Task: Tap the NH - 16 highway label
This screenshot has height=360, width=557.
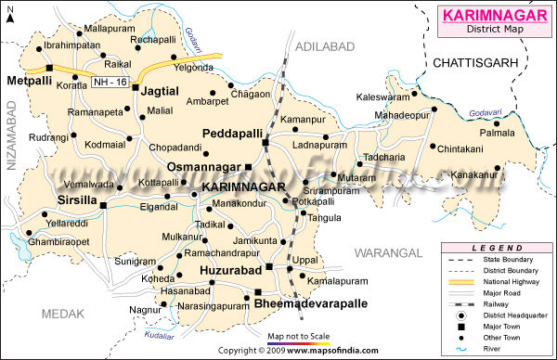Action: point(110,84)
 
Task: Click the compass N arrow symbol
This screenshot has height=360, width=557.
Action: point(10,14)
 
